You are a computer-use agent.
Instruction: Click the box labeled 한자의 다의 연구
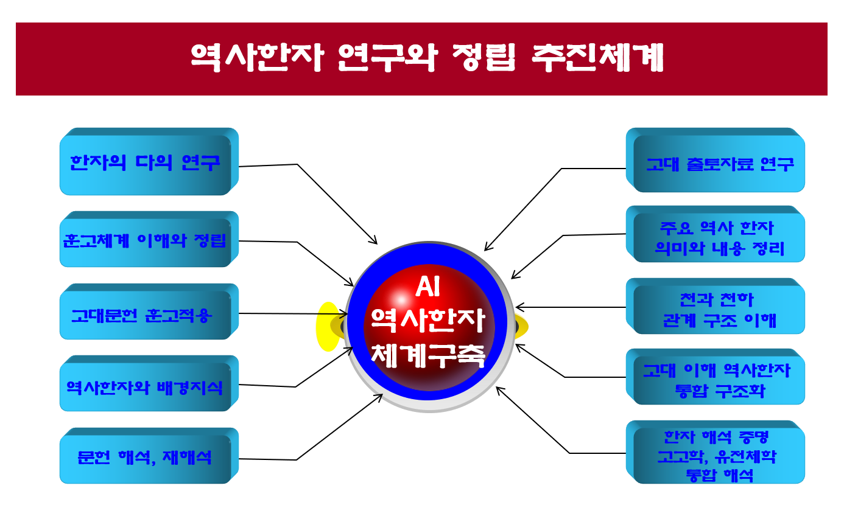[149, 162]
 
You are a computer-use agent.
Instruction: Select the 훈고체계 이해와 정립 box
[149, 239]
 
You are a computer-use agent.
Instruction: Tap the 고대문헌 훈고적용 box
[149, 312]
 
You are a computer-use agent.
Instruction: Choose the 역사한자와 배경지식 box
[149, 383]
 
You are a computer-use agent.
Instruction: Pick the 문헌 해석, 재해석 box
[149, 456]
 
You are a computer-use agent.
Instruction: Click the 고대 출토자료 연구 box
[715, 160]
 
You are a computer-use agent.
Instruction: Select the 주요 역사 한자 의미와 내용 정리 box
[715, 234]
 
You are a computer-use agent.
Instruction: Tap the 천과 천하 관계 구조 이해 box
[715, 306]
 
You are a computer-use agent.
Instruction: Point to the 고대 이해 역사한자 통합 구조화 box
[715, 377]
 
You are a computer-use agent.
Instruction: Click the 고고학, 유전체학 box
[717, 456]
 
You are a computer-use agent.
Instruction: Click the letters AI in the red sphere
[428, 287]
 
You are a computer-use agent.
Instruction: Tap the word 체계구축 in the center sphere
[428, 355]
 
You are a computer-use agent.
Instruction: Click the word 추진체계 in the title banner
[597, 57]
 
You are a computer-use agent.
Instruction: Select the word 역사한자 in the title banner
[257, 57]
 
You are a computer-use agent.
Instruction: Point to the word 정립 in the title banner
[484, 57]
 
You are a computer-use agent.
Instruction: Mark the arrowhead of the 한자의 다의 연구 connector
[374, 241]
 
